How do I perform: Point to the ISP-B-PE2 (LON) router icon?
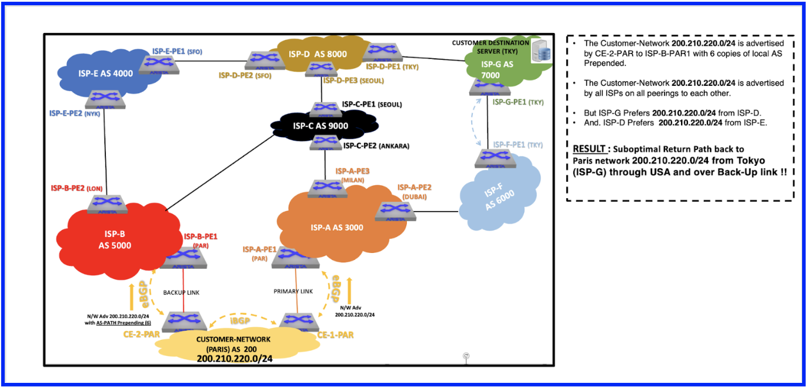point(107,203)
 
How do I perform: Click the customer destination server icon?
point(540,50)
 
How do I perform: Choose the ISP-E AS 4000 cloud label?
point(105,74)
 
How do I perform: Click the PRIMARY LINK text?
point(293,291)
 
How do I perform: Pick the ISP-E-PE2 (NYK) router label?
point(75,114)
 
